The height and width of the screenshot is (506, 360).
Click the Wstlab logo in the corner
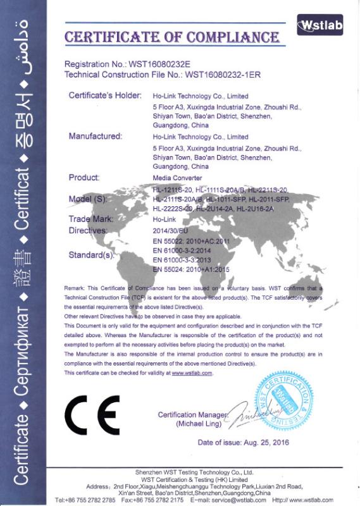(x=320, y=25)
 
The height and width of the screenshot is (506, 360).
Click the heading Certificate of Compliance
(x=172, y=36)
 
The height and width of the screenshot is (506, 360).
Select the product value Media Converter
(x=177, y=178)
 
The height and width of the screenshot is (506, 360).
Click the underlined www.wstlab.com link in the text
(x=192, y=373)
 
